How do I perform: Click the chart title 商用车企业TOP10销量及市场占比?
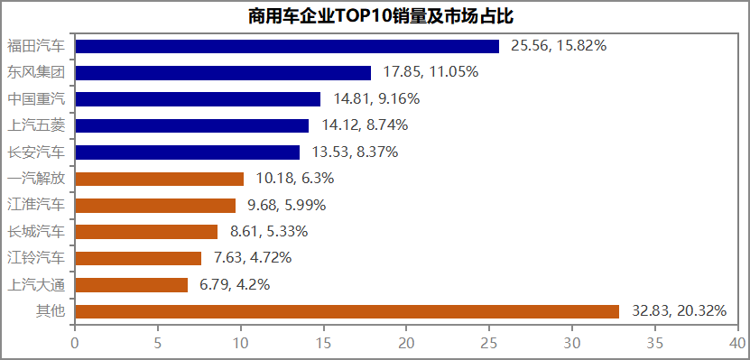pos(375,17)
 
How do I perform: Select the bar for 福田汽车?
pos(287,46)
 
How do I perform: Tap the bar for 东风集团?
pos(223,72)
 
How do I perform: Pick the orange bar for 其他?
pos(347,311)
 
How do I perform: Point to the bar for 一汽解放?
pos(160,179)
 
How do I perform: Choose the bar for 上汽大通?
pos(132,285)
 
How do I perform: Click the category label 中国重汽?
pos(36,98)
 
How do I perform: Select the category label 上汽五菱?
pos(36,125)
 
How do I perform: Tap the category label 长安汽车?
pos(36,152)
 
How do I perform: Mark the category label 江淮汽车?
pos(36,205)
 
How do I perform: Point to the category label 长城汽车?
pos(36,232)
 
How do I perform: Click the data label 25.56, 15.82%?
pos(559,46)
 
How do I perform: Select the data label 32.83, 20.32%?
pos(679,311)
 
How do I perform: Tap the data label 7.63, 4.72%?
pos(253,258)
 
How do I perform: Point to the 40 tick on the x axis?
pos(737,344)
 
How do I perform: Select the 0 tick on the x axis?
pos(75,344)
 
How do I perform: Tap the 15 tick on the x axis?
pos(323,344)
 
